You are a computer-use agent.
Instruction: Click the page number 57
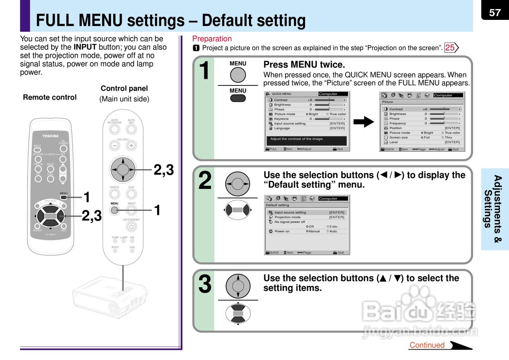point(495,13)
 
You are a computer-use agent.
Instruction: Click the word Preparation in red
point(212,39)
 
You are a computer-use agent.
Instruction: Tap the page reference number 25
point(450,48)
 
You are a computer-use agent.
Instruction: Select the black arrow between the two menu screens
point(363,122)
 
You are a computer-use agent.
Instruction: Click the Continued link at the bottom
point(427,345)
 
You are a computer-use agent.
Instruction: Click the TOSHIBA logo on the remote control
point(51,136)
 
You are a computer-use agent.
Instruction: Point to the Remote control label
point(50,97)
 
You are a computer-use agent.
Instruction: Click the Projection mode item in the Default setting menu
point(288,217)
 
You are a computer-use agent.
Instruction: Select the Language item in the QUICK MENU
point(282,128)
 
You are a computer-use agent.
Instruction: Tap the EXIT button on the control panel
point(131,194)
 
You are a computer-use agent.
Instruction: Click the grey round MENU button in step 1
point(238,75)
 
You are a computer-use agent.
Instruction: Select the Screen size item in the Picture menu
point(398,137)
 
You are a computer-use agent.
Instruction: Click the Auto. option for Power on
point(333,231)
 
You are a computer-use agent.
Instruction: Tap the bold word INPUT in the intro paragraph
point(85,47)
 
